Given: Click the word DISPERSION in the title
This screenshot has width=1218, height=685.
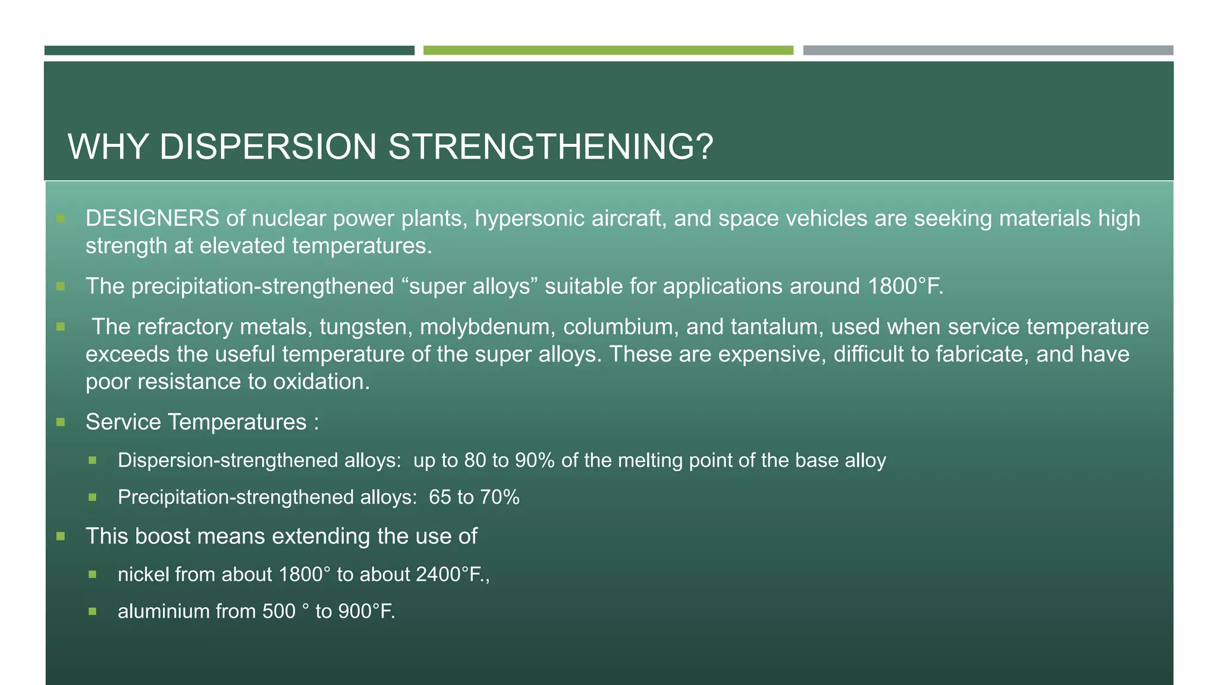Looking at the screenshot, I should (268, 147).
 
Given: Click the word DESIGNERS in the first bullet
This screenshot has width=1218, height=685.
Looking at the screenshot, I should (152, 219).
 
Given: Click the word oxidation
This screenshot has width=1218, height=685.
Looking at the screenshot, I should (321, 382).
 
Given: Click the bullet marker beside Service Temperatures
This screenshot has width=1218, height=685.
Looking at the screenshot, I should (61, 422).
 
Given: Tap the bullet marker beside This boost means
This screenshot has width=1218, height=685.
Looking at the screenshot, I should (61, 536).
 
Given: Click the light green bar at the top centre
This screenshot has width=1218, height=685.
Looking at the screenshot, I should (608, 51).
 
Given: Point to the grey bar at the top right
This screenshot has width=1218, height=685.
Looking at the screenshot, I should (988, 51).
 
